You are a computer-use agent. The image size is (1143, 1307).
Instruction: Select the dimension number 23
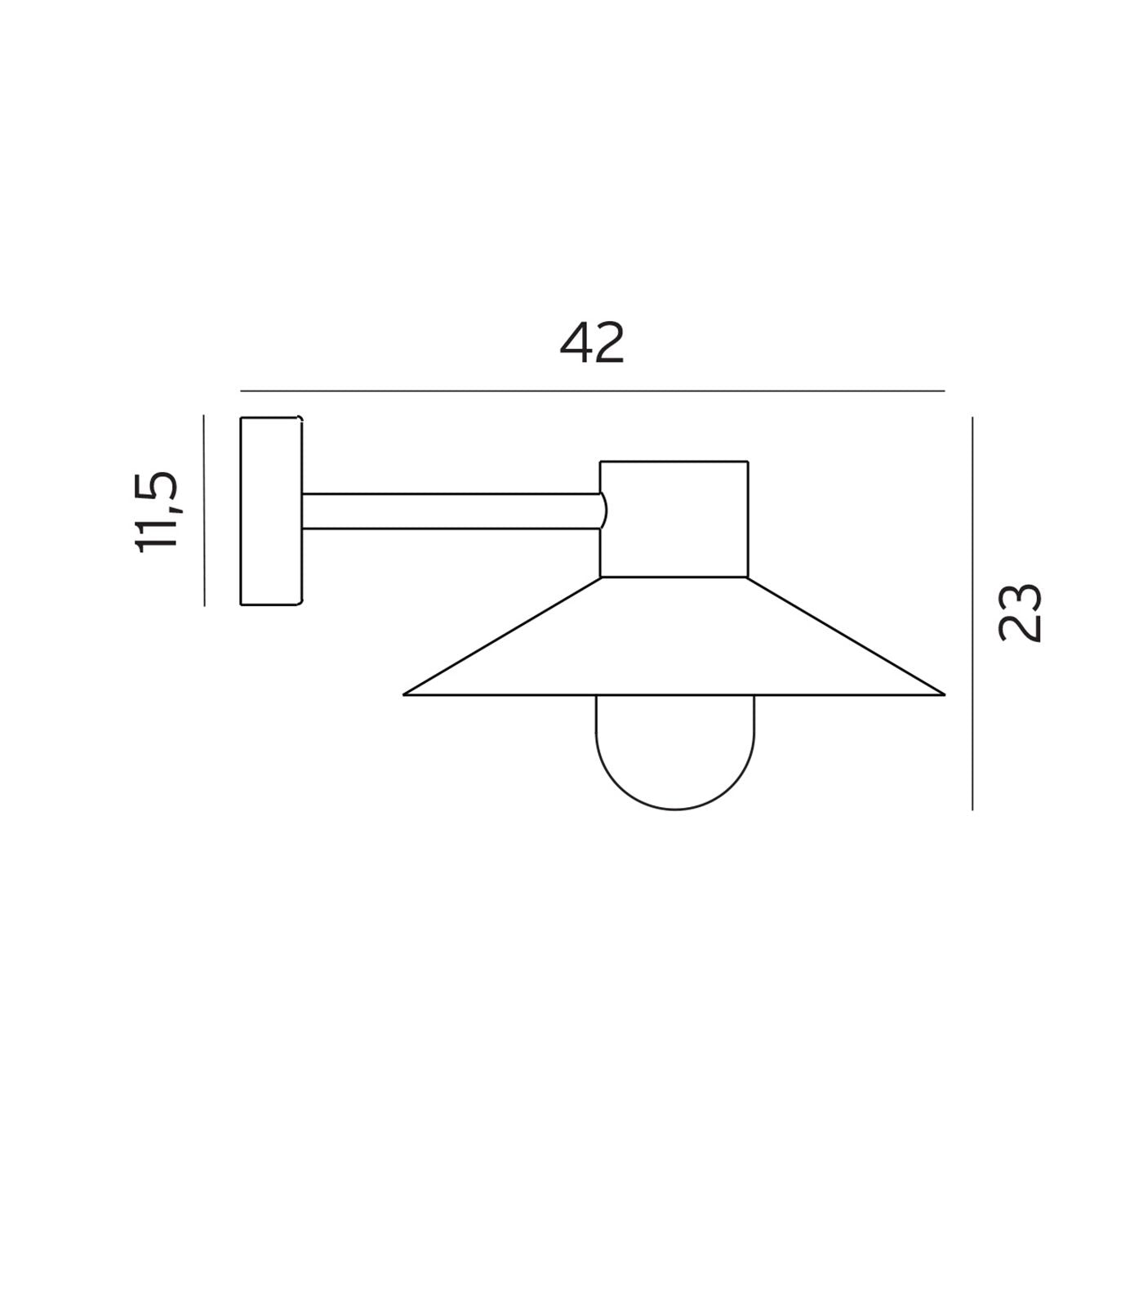pyautogui.click(x=1021, y=613)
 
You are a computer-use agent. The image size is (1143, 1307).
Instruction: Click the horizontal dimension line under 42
pyautogui.click(x=593, y=391)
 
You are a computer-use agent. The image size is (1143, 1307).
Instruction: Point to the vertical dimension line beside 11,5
pyautogui.click(x=204, y=511)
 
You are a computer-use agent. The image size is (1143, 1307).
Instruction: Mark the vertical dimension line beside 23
pyautogui.click(x=972, y=613)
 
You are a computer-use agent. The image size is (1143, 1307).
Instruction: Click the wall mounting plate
pyautogui.click(x=270, y=511)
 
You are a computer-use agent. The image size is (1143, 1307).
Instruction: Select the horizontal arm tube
pyautogui.click(x=451, y=511)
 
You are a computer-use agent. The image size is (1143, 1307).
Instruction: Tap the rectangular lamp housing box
pyautogui.click(x=674, y=520)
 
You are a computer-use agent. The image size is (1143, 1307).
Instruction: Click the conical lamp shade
pyautogui.click(x=674, y=645)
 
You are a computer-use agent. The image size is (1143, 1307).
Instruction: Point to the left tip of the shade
pyautogui.click(x=406, y=694)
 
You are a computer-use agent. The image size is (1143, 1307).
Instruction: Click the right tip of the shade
pyautogui.click(x=943, y=694)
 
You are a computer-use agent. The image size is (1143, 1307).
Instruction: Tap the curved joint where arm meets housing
pyautogui.click(x=603, y=511)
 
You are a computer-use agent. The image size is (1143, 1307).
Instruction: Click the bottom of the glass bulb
pyautogui.click(x=675, y=809)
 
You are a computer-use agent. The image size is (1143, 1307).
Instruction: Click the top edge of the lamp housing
pyautogui.click(x=674, y=462)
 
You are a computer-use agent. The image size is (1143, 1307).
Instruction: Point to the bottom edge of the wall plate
pyautogui.click(x=270, y=604)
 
